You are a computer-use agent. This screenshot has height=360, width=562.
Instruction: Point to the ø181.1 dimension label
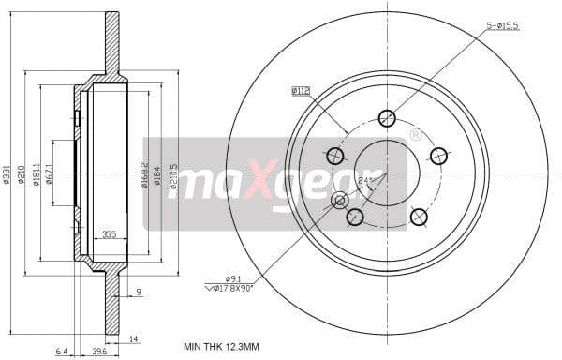(37, 172)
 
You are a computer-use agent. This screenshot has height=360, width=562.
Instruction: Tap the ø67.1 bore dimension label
(50, 172)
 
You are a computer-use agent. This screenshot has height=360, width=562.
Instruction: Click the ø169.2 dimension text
(144, 172)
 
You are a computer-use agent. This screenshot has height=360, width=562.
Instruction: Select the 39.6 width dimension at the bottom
(99, 352)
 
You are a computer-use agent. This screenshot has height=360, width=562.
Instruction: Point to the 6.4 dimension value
(61, 352)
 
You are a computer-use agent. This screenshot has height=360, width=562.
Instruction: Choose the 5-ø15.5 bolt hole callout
(502, 26)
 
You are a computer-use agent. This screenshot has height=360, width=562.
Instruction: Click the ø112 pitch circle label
(300, 91)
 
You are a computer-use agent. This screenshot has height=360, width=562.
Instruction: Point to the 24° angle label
(366, 181)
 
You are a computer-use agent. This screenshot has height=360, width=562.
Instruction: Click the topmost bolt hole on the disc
(387, 117)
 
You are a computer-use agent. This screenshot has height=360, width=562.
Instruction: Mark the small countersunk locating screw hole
(340, 201)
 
